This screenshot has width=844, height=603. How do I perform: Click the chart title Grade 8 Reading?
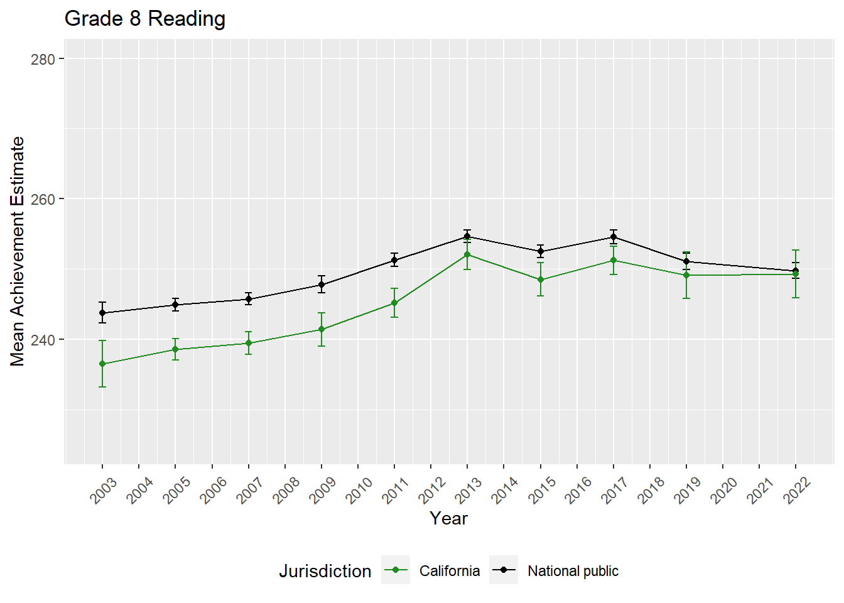[144, 19]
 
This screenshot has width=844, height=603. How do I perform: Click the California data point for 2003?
[102, 364]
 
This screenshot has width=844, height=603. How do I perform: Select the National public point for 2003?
[102, 313]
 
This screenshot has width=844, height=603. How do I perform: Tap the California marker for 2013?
[467, 254]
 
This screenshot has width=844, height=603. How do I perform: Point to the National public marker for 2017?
[614, 237]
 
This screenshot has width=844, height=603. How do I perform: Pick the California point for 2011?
[394, 303]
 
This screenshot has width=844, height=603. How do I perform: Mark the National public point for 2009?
[322, 285]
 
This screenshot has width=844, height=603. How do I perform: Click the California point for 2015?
[541, 280]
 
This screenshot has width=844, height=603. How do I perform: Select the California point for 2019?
[686, 275]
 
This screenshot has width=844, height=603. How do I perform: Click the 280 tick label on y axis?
[43, 59]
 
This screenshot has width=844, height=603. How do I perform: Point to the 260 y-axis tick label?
[43, 199]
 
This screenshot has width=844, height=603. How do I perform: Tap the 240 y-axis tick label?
[43, 340]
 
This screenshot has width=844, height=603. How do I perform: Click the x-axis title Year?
[448, 518]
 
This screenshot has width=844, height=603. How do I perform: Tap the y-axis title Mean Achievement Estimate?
[18, 251]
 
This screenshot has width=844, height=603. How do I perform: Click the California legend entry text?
[449, 571]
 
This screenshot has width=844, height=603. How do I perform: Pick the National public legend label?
[573, 571]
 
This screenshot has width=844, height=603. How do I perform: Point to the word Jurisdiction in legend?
[325, 571]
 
